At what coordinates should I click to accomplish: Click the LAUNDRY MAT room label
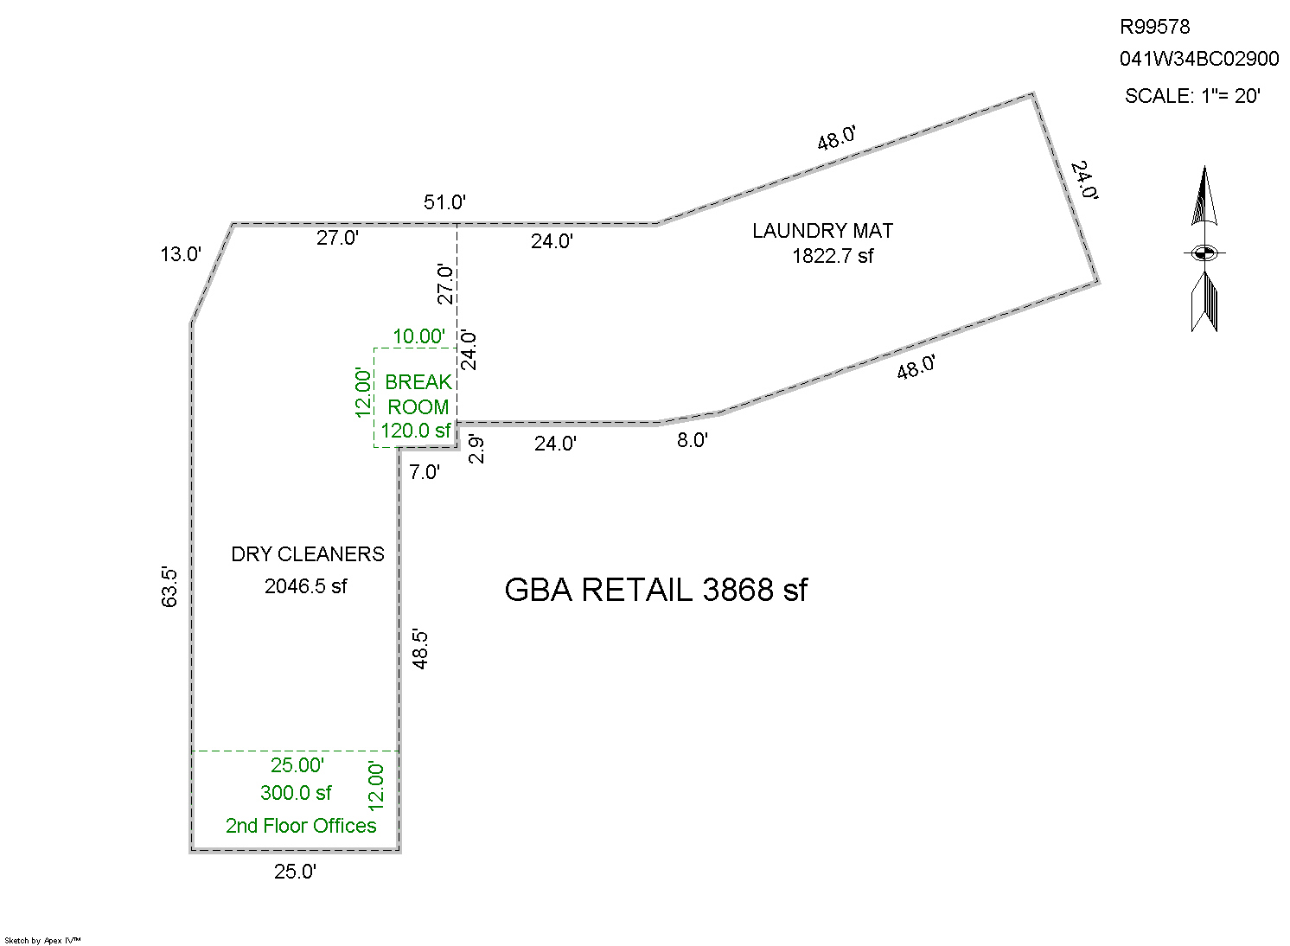[x=822, y=231]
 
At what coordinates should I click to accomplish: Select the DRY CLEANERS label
[x=307, y=554]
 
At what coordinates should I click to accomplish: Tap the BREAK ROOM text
[x=418, y=394]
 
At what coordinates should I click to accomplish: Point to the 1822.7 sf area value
[x=833, y=256]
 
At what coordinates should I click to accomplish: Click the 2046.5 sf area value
[x=305, y=586]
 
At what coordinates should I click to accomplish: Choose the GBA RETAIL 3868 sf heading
[x=655, y=590]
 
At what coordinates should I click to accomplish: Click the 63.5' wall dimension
[x=169, y=586]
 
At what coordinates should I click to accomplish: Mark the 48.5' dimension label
[x=420, y=649]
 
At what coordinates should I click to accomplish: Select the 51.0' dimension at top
[x=444, y=202]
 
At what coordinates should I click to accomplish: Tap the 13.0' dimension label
[x=181, y=254]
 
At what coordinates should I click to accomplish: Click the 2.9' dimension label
[x=476, y=449]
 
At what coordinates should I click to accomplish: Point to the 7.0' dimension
[x=425, y=472]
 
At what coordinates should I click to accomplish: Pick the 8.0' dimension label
[x=692, y=440]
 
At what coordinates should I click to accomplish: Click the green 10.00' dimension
[x=418, y=336]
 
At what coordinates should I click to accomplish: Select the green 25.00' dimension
[x=297, y=765]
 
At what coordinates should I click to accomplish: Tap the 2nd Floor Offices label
[x=301, y=826]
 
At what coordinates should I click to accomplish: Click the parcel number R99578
[x=1154, y=27]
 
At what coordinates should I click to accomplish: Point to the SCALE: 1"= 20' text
[x=1192, y=96]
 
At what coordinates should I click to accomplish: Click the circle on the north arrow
[x=1204, y=253]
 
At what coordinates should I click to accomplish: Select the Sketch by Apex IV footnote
[x=42, y=940]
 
